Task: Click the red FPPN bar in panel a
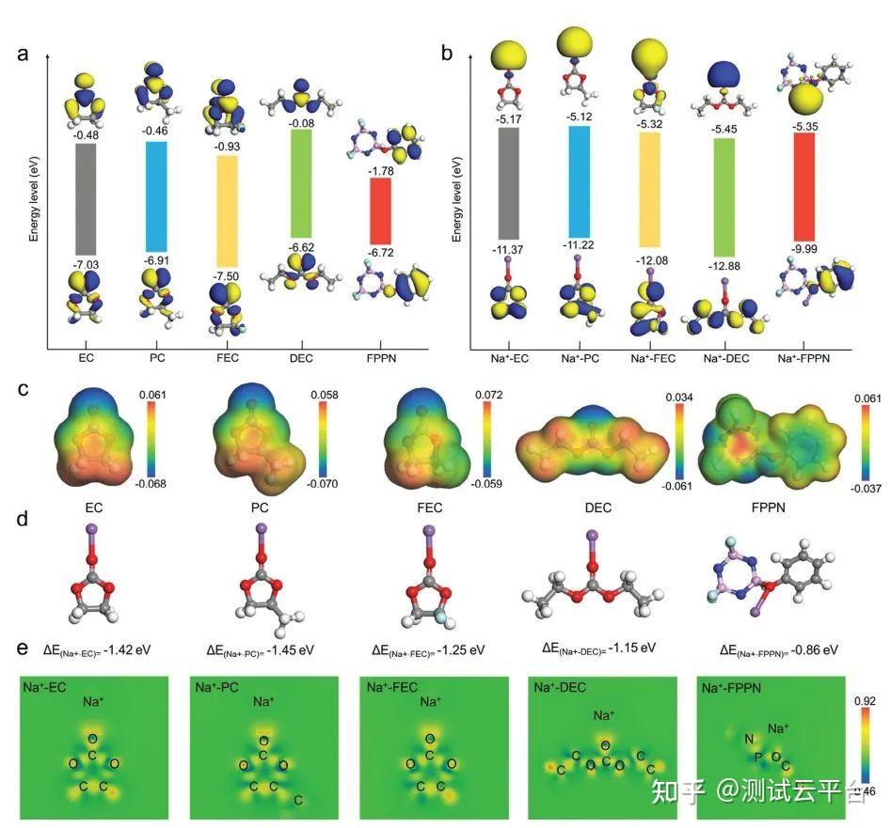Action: pos(380,210)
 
